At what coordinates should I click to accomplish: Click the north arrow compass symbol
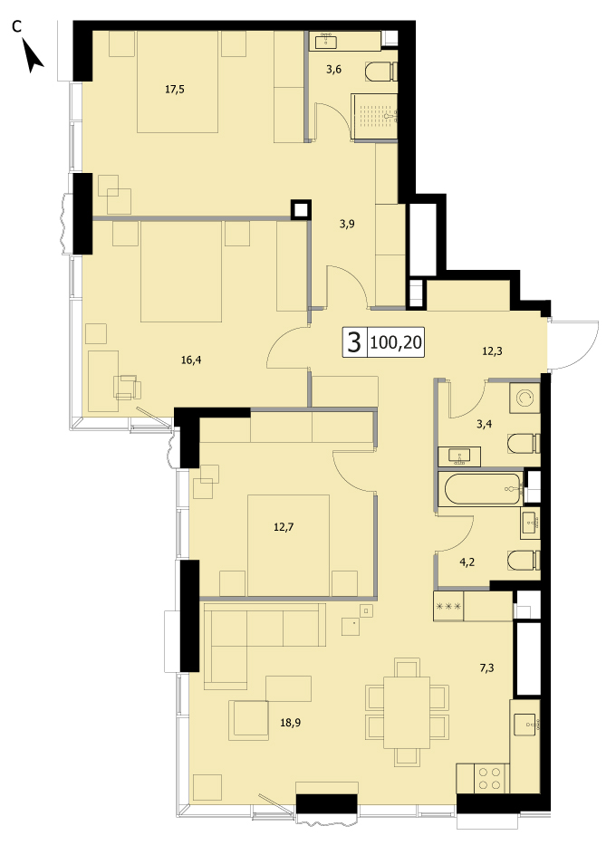34,59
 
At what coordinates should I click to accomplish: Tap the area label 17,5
175,90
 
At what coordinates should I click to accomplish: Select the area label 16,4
191,360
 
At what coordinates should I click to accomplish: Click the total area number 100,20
397,341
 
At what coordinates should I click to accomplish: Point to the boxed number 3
354,341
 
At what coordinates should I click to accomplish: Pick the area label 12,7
284,527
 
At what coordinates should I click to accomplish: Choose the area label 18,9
291,723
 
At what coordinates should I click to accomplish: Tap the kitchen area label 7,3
486,668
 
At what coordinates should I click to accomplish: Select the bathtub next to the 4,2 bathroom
480,489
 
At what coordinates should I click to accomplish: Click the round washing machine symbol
525,398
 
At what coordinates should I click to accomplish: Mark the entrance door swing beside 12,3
574,344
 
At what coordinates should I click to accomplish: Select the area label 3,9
347,225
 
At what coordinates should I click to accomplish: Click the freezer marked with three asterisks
448,606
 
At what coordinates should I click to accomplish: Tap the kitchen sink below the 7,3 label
525,725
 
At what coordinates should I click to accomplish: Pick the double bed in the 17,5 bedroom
178,82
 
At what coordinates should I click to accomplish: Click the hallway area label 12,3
492,351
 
